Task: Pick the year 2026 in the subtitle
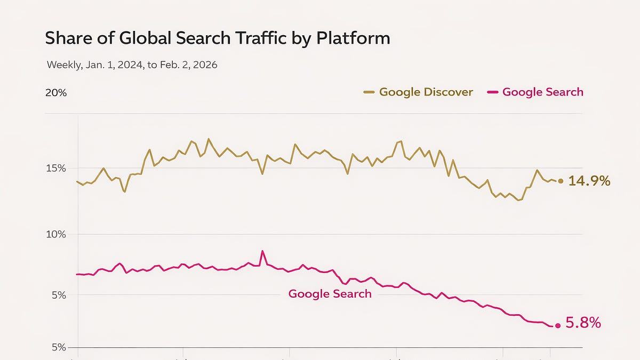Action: (x=203, y=65)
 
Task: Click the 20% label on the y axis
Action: (x=56, y=93)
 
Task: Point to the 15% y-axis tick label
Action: (x=55, y=169)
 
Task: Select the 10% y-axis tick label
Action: (x=55, y=235)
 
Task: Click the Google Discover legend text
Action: (x=426, y=92)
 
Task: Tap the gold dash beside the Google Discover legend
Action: (x=369, y=92)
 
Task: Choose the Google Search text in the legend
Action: (x=542, y=92)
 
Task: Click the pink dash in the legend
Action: (x=493, y=92)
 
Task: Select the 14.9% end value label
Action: (x=589, y=181)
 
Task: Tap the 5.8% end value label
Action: (x=583, y=323)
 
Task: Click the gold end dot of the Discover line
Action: (x=560, y=181)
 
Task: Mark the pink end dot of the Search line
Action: (x=558, y=325)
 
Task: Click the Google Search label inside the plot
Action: (x=330, y=293)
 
